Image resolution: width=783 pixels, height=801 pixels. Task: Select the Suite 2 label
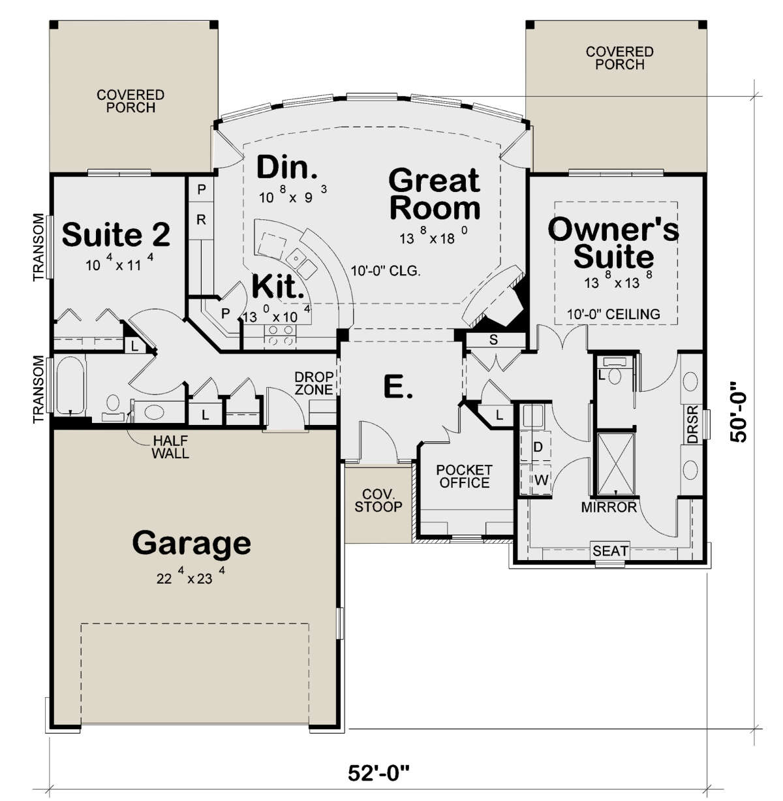point(116,234)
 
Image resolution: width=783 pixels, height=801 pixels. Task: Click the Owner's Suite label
point(613,243)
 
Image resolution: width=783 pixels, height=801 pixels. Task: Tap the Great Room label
point(435,194)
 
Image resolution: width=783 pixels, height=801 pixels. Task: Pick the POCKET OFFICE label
point(464,477)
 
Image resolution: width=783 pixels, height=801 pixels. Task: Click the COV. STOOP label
point(378,501)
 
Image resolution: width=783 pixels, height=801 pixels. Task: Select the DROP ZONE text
point(315,383)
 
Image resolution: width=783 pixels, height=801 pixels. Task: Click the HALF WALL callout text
point(170,447)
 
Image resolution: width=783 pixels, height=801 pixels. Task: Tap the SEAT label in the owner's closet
point(610,551)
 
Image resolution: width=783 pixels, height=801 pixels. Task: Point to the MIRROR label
point(609,507)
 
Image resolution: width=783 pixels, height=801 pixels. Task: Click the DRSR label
point(692,424)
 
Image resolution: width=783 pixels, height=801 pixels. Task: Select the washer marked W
point(536,480)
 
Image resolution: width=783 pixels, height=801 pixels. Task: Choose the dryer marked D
point(536,446)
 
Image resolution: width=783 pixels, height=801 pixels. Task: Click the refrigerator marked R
point(201,221)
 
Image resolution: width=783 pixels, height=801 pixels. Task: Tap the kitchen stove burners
point(281,336)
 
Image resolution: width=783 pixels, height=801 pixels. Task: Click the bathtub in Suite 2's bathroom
point(70,386)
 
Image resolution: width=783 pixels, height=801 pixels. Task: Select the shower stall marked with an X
point(615,463)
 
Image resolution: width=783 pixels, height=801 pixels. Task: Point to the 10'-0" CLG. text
point(386,272)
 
